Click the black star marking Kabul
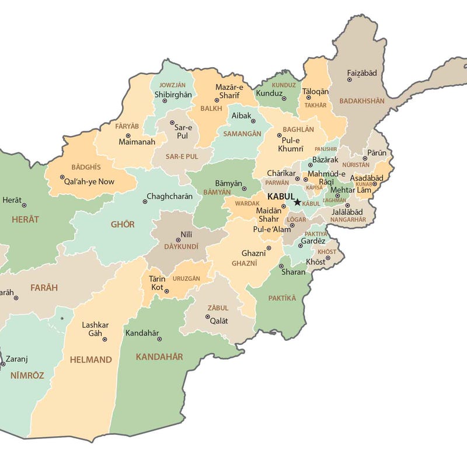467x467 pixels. tap(297, 202)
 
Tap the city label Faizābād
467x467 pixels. tap(362, 73)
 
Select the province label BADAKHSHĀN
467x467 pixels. tap(362, 101)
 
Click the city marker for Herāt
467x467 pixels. tap(24, 205)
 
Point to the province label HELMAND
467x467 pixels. tap(90, 360)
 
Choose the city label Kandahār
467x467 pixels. tap(142, 333)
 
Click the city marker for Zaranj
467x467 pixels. tap(3, 364)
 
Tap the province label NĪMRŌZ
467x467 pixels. tap(27, 375)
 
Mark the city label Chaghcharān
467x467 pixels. tap(169, 196)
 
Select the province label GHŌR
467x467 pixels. tap(123, 224)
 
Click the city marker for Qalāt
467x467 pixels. tap(207, 317)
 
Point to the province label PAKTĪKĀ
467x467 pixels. tap(282, 298)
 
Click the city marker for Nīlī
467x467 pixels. tap(179, 240)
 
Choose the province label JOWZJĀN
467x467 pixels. tap(172, 85)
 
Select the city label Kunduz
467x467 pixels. tap(269, 93)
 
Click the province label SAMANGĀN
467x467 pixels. tap(242, 134)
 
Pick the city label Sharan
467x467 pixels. tap(293, 272)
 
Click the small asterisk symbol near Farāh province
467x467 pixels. tap(62, 319)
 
